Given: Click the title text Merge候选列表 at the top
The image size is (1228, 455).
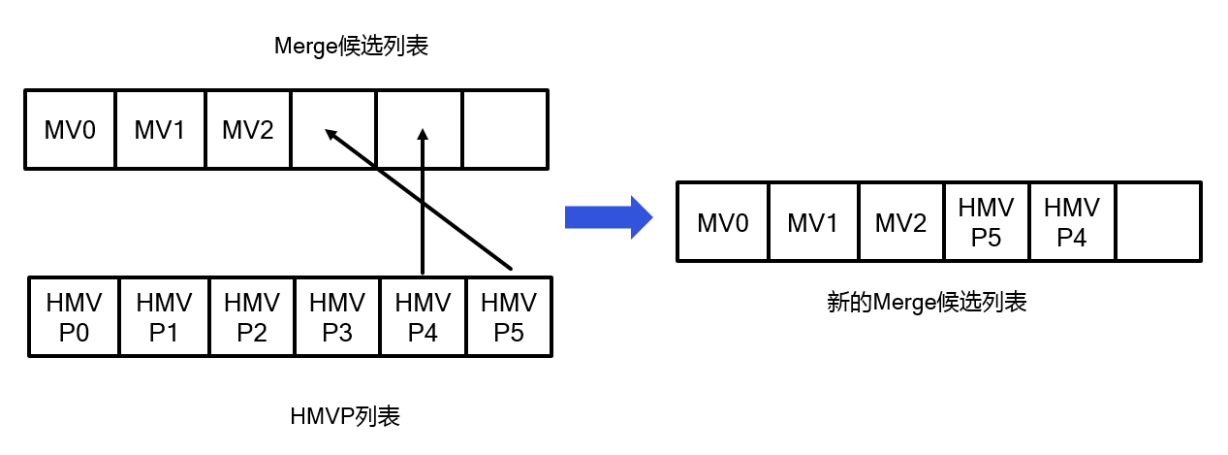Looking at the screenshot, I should pyautogui.click(x=351, y=48).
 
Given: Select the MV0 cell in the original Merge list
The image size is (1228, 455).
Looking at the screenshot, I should pyautogui.click(x=70, y=130).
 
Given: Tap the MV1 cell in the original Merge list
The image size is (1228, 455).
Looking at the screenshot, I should pyautogui.click(x=160, y=130).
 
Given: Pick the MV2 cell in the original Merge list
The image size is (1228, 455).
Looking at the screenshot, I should pyautogui.click(x=248, y=130).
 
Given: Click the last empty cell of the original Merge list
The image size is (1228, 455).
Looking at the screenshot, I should pyautogui.click(x=505, y=130).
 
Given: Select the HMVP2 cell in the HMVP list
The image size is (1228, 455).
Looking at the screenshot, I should pyautogui.click(x=251, y=317).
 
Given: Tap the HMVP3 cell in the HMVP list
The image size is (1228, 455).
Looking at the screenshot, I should pyautogui.click(x=337, y=317).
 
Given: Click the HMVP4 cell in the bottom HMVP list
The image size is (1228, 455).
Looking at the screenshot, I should pyautogui.click(x=423, y=317).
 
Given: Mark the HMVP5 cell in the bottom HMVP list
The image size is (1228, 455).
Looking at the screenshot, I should pyautogui.click(x=509, y=317).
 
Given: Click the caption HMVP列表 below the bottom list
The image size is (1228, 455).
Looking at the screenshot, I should pyautogui.click(x=345, y=417).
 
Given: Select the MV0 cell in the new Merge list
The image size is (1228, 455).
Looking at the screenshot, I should pyautogui.click(x=723, y=222).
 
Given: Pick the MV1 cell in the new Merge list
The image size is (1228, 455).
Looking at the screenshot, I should pyautogui.click(x=812, y=222).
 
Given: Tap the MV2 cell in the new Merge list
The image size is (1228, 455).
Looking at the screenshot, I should pyautogui.click(x=900, y=222).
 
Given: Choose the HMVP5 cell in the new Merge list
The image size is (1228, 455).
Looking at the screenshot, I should pyautogui.click(x=986, y=222).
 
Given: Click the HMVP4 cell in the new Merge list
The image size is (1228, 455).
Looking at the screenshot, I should pyautogui.click(x=1072, y=222).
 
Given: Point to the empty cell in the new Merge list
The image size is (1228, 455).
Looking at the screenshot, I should pyautogui.click(x=1158, y=222).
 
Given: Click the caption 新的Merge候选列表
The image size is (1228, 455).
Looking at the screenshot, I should pyautogui.click(x=926, y=303).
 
